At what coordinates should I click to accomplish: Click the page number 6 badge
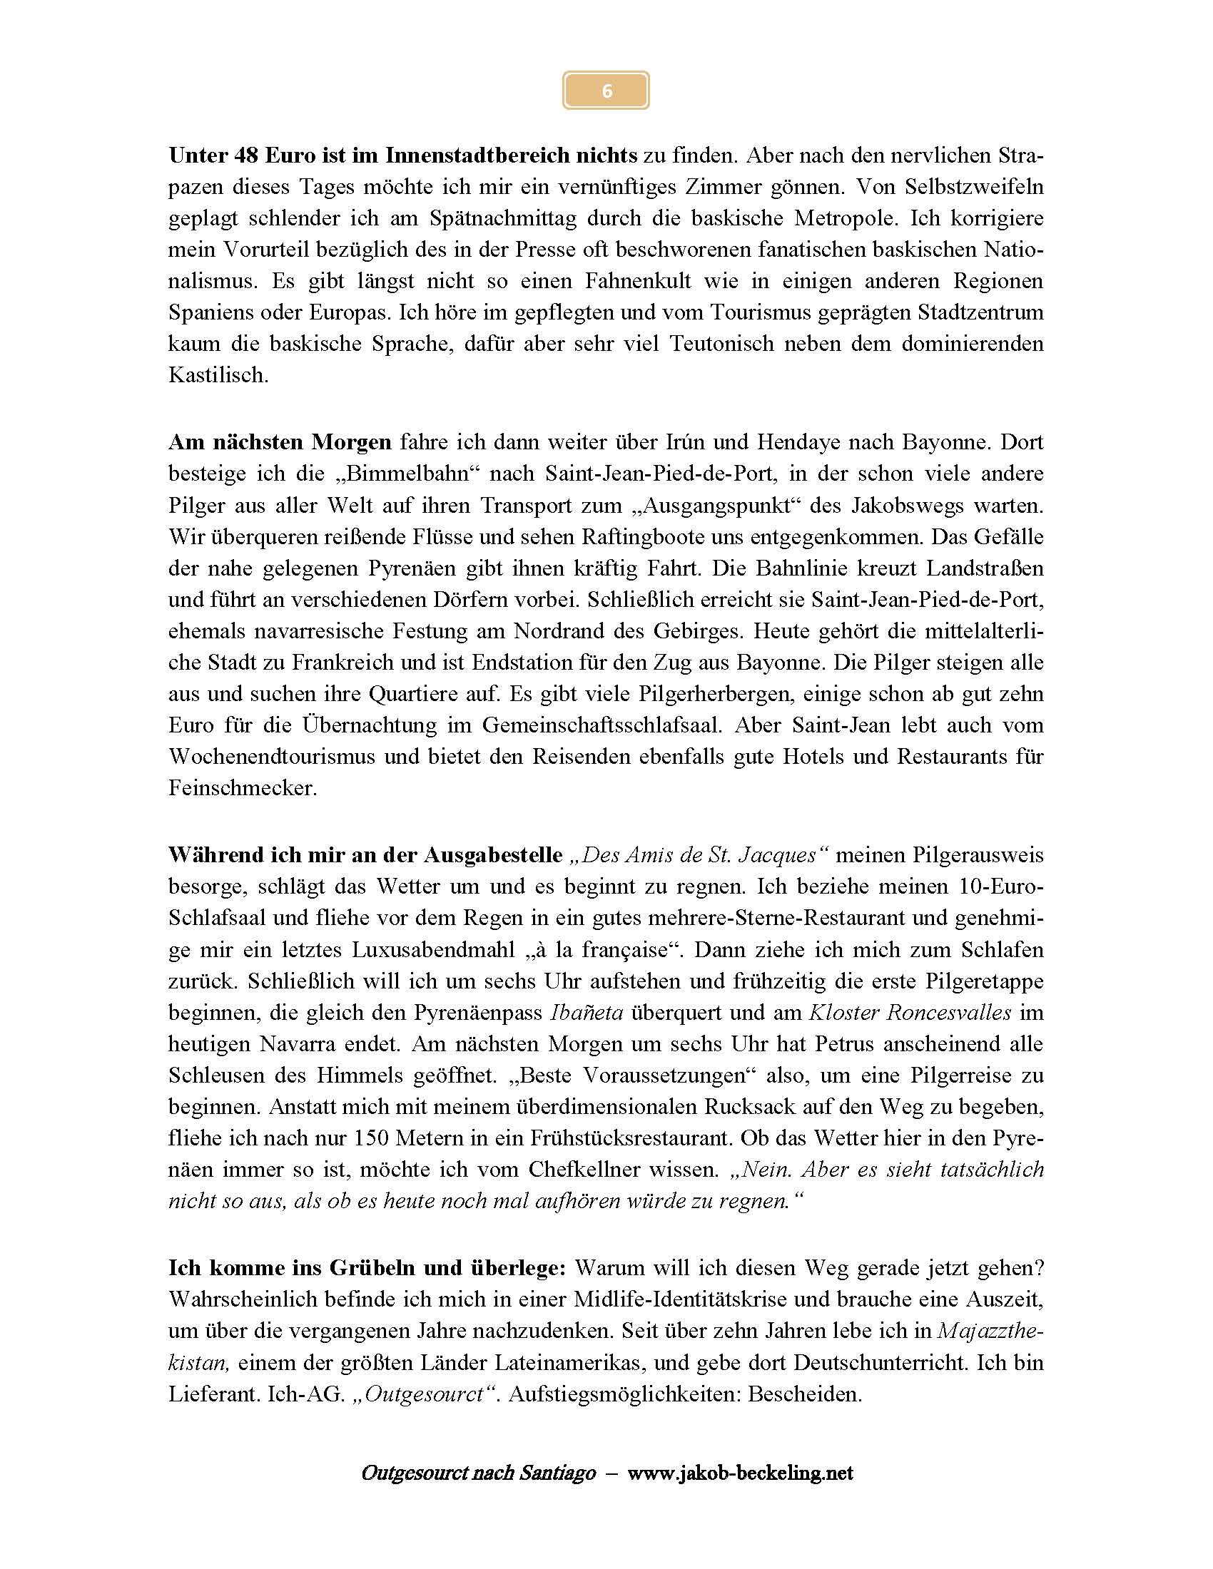click(606, 91)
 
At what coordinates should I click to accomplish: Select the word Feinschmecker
click(242, 788)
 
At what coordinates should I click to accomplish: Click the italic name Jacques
click(778, 855)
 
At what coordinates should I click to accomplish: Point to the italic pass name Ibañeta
click(587, 1012)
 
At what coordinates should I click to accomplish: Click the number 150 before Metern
click(370, 1138)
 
